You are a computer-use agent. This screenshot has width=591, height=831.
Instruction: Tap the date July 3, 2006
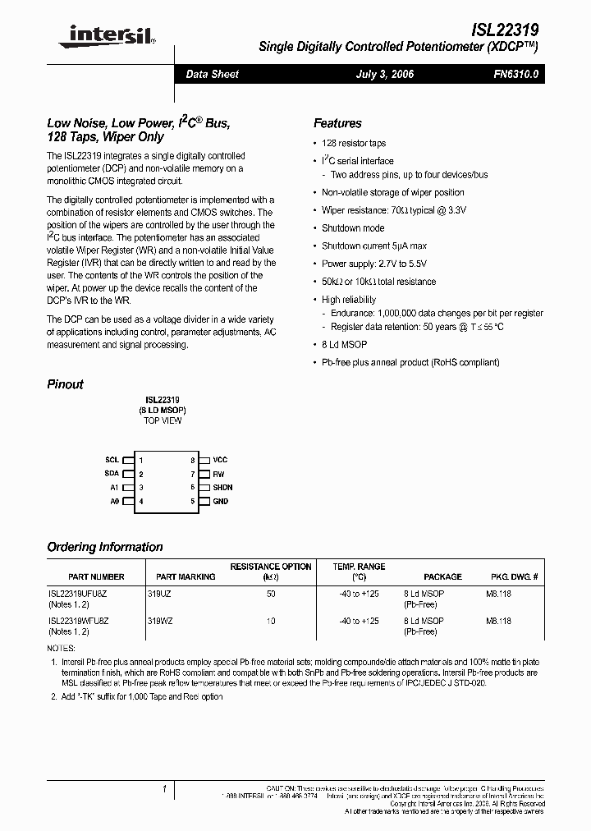384,74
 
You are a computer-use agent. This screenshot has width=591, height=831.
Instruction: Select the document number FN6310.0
515,74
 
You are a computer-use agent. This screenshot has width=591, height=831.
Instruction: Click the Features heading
337,123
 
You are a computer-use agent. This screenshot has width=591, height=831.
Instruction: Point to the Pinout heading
65,384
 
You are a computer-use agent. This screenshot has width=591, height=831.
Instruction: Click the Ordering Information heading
105,547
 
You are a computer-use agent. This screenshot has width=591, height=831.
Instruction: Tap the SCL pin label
112,461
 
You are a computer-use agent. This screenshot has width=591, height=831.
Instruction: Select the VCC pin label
220,461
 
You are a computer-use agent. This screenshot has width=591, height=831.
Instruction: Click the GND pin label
220,501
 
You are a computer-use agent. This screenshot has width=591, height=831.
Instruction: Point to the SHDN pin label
222,488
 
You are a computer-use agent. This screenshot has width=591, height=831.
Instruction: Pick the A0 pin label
114,501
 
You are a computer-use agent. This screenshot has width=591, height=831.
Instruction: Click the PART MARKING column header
186,577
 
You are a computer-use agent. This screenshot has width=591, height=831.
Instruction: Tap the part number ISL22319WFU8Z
78,621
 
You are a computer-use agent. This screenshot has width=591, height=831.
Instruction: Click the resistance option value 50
271,593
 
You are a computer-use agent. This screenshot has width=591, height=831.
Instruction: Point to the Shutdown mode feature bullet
352,228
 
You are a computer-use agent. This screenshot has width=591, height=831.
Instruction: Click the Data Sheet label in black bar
212,74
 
